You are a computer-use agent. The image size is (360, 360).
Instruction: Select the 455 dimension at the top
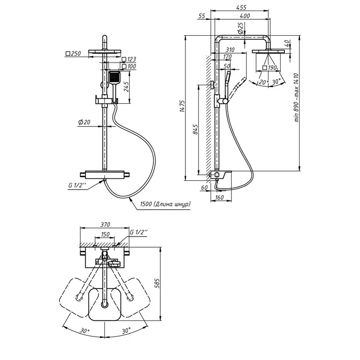click(x=241, y=8)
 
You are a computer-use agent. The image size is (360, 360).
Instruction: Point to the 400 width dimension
click(x=245, y=16)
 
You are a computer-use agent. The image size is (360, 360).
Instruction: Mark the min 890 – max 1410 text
click(x=296, y=97)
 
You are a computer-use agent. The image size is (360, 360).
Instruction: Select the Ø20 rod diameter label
click(x=84, y=122)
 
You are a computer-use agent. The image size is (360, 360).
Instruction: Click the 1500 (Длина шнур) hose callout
click(x=165, y=204)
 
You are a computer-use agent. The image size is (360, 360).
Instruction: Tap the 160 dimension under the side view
click(x=219, y=197)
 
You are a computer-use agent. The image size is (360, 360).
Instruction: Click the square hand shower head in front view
click(x=114, y=78)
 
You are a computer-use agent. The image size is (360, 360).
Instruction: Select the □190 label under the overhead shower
click(x=270, y=68)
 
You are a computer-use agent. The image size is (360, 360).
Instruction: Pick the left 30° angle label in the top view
click(x=84, y=331)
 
